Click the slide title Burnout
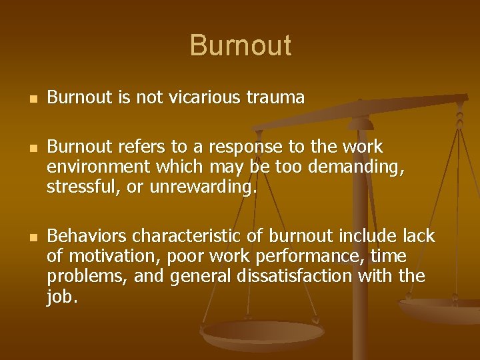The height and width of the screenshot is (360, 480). tap(240, 45)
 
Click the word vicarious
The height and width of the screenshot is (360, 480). tap(212, 98)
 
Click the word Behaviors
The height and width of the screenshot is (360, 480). tap(87, 236)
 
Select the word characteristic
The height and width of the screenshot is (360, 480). tap(190, 236)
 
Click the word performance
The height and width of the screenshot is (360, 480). tap(312, 257)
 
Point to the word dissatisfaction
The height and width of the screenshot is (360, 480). tap(289, 277)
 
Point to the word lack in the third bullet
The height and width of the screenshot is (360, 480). tap(419, 236)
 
